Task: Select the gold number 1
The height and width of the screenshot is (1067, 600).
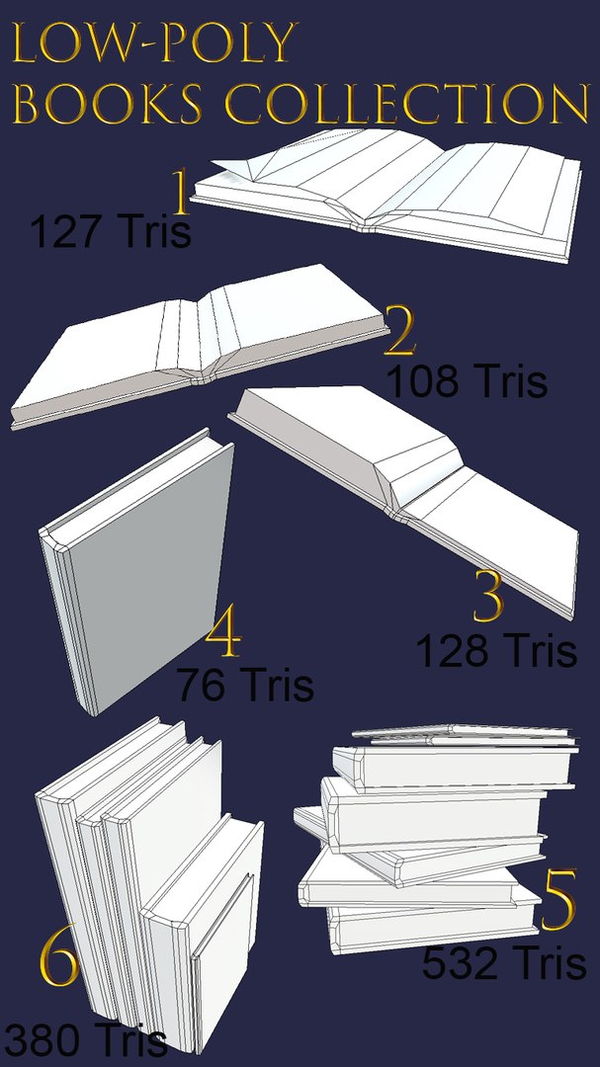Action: click(180, 193)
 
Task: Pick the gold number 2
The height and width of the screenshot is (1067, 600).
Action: click(399, 332)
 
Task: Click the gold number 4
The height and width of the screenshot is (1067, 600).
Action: click(223, 634)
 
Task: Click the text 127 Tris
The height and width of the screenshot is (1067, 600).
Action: click(110, 233)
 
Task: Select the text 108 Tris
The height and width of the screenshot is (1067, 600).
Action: click(467, 381)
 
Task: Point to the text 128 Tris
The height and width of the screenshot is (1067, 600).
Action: click(495, 651)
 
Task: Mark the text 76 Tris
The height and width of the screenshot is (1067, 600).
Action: click(246, 684)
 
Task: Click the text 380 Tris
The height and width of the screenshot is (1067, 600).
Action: click(84, 1040)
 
